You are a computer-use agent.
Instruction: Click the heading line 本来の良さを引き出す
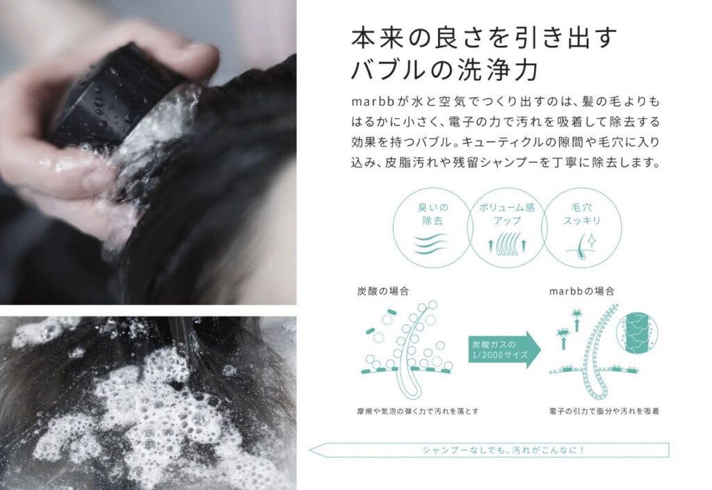coord(485,38)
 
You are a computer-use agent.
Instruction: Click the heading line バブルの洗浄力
coord(445,70)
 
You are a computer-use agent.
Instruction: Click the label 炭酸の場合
coord(383,291)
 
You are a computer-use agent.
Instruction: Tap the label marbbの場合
coord(582,291)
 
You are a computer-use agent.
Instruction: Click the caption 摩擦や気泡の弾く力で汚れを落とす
coord(418,411)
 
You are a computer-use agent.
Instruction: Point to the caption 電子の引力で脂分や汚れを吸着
coord(604,411)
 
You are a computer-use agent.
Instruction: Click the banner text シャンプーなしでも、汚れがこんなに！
coord(503,450)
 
